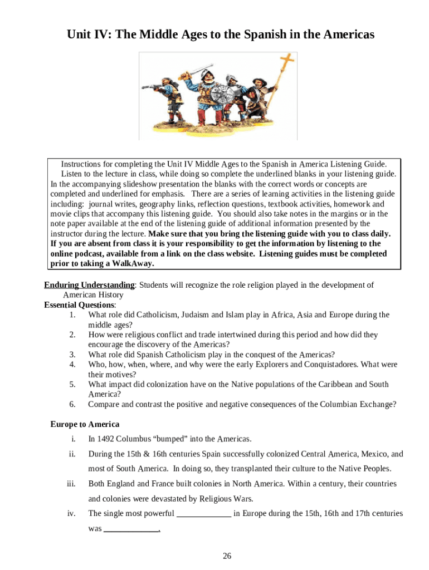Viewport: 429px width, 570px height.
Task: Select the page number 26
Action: (227, 556)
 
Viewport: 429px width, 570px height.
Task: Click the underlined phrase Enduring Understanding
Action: (89, 285)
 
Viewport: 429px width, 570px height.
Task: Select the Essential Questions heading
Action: (80, 305)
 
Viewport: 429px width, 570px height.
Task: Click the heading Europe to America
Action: (85, 424)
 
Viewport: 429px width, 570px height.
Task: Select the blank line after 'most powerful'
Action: (204, 514)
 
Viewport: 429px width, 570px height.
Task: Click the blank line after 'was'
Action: (131, 529)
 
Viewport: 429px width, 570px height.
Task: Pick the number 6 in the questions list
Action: (72, 404)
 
